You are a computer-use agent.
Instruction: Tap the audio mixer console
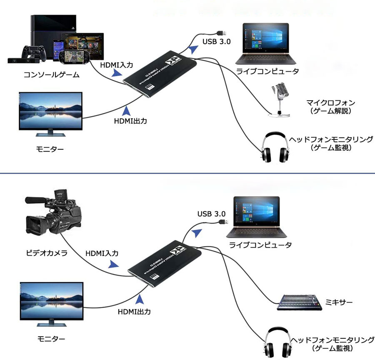(x=299, y=302)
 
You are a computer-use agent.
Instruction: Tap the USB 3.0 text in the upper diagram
(x=216, y=41)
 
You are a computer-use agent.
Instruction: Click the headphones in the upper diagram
(x=275, y=149)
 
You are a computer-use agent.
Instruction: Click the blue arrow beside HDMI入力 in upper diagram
(x=117, y=73)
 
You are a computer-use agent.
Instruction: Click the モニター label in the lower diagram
(x=50, y=339)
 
